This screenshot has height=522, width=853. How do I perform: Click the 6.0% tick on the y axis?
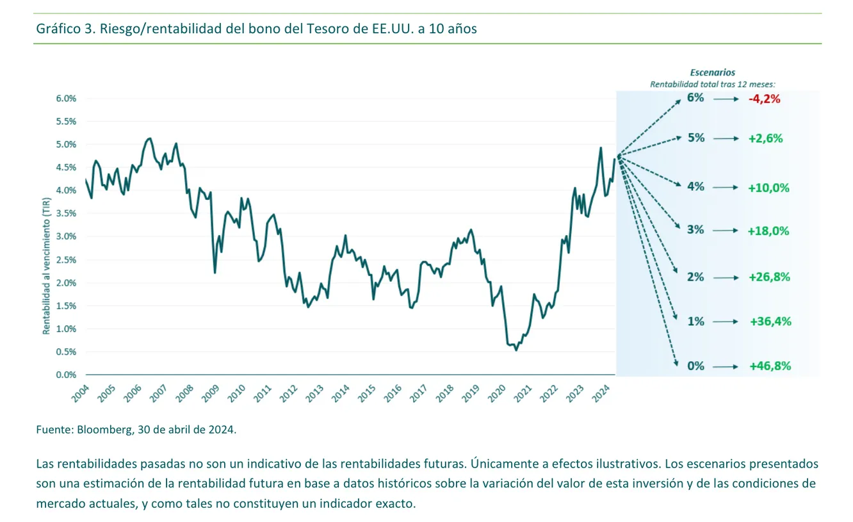pos(66,98)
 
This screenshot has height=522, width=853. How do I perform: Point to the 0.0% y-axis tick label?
pos(66,375)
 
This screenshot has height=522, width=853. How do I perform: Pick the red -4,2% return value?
pos(765,99)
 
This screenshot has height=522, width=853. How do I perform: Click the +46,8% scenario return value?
pos(770,366)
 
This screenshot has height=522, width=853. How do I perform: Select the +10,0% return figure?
pos(768,188)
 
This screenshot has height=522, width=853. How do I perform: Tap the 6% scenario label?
pos(695,98)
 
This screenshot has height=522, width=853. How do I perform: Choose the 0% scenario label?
pos(695,366)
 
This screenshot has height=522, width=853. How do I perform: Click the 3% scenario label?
pos(695,230)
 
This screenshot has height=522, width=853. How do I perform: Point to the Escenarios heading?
pos(712,73)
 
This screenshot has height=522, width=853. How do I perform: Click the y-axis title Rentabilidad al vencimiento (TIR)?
pos(46,266)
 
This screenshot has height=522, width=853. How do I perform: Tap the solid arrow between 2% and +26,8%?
pos(726,277)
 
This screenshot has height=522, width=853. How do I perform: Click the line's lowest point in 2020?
pos(516,350)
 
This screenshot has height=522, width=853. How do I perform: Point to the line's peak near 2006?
pos(149,138)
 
